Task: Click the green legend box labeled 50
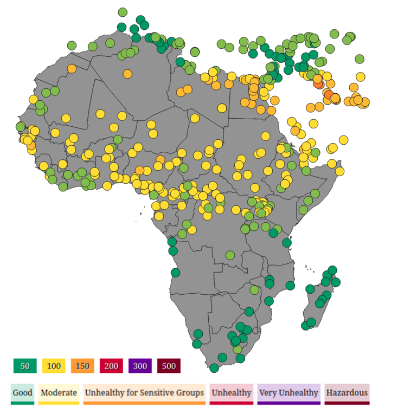pos(25,366)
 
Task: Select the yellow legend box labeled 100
pos(54,366)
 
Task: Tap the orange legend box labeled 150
pos(82,366)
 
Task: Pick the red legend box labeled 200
pos(111,366)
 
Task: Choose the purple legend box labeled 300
pos(140,366)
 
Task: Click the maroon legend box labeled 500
pos(169,366)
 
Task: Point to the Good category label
pos(23,393)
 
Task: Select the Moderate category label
pos(59,393)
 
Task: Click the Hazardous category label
pos(347,393)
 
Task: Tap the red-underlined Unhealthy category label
pos(232,393)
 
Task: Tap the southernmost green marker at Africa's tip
pos(214,368)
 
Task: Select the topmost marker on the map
pos(123,12)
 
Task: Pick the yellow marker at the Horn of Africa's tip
pos(340,171)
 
